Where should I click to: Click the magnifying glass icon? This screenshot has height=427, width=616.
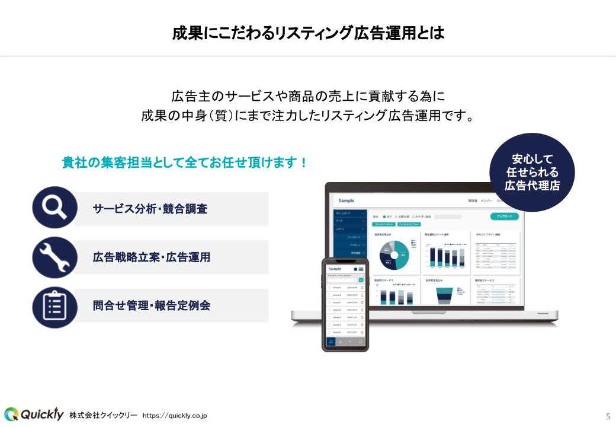(x=54, y=208)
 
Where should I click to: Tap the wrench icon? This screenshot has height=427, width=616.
(x=54, y=257)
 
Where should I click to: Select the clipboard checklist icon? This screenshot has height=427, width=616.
(x=54, y=307)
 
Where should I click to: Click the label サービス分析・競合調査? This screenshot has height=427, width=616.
(x=150, y=209)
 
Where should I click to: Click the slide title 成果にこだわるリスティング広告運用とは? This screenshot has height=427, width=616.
(x=308, y=33)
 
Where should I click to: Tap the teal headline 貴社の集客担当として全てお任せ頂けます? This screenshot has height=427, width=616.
(x=185, y=162)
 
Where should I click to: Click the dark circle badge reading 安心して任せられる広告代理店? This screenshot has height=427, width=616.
(x=532, y=172)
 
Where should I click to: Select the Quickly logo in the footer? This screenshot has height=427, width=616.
(x=34, y=414)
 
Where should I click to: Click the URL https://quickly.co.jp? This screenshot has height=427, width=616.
(x=175, y=415)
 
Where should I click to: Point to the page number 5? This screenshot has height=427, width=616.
(x=608, y=415)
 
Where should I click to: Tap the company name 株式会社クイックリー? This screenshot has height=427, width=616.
(x=103, y=415)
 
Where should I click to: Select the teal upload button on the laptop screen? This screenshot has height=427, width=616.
(x=505, y=216)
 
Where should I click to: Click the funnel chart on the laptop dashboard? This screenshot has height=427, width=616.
(x=444, y=295)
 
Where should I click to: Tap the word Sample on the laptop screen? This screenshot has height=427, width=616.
(x=346, y=201)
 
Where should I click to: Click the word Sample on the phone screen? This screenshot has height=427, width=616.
(x=335, y=269)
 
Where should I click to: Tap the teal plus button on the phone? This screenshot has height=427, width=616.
(x=361, y=280)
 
